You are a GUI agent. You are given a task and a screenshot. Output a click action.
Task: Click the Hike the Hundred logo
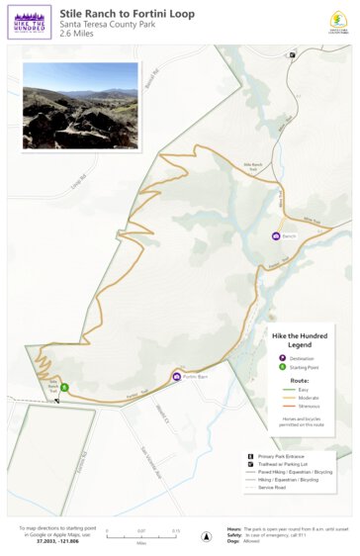coord(29,21)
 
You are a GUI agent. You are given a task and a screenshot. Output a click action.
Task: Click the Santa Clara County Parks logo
coord(335,22)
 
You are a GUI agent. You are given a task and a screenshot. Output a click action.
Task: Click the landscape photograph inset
coord(80,105)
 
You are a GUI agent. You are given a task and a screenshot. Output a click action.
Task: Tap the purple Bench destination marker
coord(276,236)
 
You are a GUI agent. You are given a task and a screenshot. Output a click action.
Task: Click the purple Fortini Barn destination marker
coord(176,376)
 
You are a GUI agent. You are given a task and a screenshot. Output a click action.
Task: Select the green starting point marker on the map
coord(63,388)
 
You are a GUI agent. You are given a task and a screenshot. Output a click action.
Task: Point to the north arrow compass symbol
coord(206,535)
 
